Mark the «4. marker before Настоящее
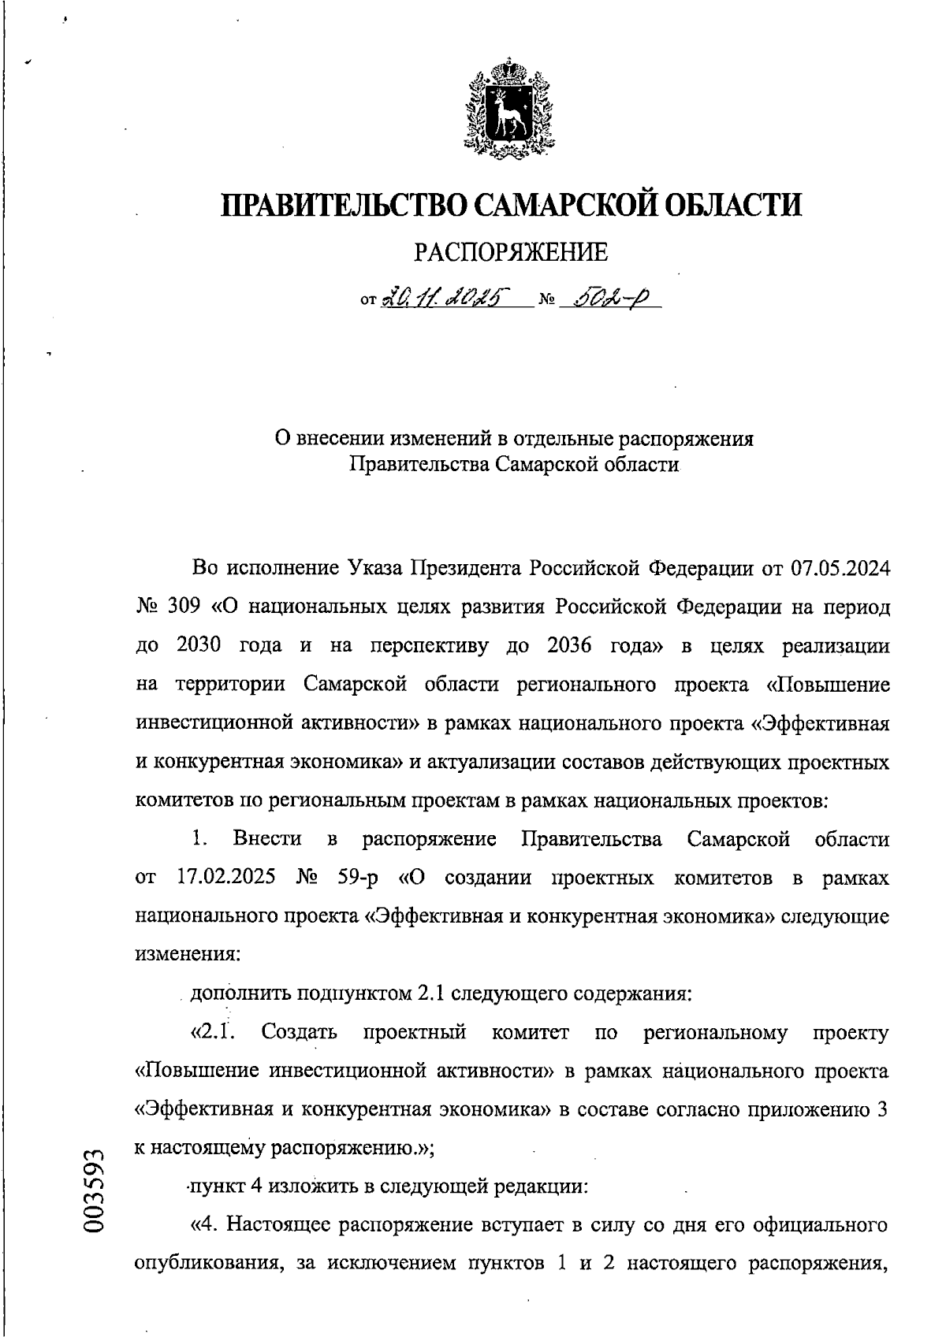pyautogui.click(x=205, y=1225)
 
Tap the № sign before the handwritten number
pyautogui.click(x=546, y=301)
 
